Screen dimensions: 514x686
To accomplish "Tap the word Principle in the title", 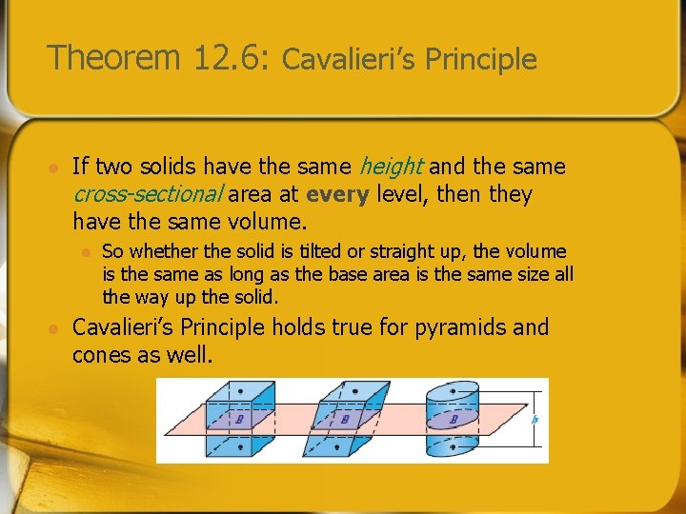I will coord(481,60).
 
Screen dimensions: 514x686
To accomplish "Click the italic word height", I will coord(391,167).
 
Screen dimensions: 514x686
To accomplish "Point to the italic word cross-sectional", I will coord(148,194).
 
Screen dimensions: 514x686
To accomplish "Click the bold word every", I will coord(339,194).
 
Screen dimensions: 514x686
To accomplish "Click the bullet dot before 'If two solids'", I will coord(54,168).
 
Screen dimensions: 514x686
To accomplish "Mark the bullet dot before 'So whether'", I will coord(85,252).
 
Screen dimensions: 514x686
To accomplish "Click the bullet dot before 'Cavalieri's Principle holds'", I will coord(54,328).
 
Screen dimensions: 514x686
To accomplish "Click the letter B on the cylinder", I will coord(454,419).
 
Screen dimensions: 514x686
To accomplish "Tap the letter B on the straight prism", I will coord(239,419).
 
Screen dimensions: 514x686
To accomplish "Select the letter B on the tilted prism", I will coord(345,419).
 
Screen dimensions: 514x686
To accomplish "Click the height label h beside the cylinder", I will coord(535,420).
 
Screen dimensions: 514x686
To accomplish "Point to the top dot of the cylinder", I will coord(453,391).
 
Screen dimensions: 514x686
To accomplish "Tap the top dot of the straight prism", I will coord(239,391).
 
